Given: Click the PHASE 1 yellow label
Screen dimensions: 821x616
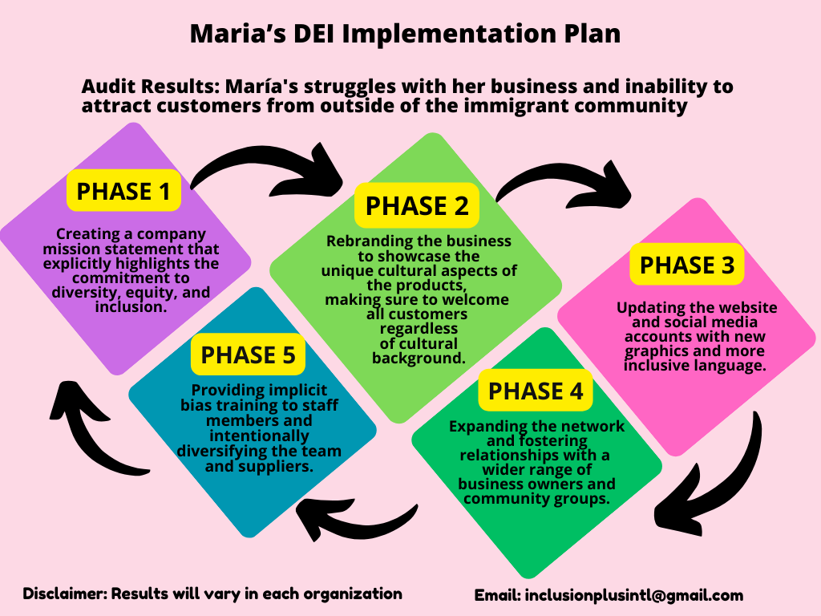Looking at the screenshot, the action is point(123,191).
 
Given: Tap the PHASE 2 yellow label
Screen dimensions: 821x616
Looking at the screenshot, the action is point(417,205).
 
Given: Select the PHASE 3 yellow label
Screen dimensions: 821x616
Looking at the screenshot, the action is point(687,265).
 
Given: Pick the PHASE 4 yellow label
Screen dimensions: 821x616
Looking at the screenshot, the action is point(535,391).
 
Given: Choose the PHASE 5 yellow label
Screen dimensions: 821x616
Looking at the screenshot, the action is point(248,355).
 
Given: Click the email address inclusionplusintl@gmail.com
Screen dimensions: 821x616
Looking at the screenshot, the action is point(633,595).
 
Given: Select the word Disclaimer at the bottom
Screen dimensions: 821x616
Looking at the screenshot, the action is point(66,594).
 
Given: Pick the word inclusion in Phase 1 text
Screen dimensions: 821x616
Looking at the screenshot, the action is point(131,307).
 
